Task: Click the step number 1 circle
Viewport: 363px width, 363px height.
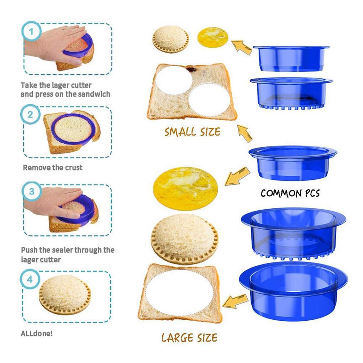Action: pyautogui.click(x=31, y=32)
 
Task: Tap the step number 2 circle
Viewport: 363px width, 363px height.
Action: pyautogui.click(x=31, y=115)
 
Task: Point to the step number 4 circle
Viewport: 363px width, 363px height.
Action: pyautogui.click(x=31, y=279)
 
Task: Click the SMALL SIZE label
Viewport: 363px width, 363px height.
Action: pyautogui.click(x=192, y=132)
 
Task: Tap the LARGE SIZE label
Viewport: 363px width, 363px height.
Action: pyautogui.click(x=189, y=337)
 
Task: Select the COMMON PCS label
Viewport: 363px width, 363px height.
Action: pyautogui.click(x=290, y=193)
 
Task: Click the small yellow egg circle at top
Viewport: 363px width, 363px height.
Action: pyautogui.click(x=212, y=37)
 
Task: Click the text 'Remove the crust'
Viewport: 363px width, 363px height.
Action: pyautogui.click(x=53, y=167)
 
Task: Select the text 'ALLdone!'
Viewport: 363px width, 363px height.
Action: pyautogui.click(x=37, y=334)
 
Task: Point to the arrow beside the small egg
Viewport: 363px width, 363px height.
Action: pyautogui.click(x=242, y=47)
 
